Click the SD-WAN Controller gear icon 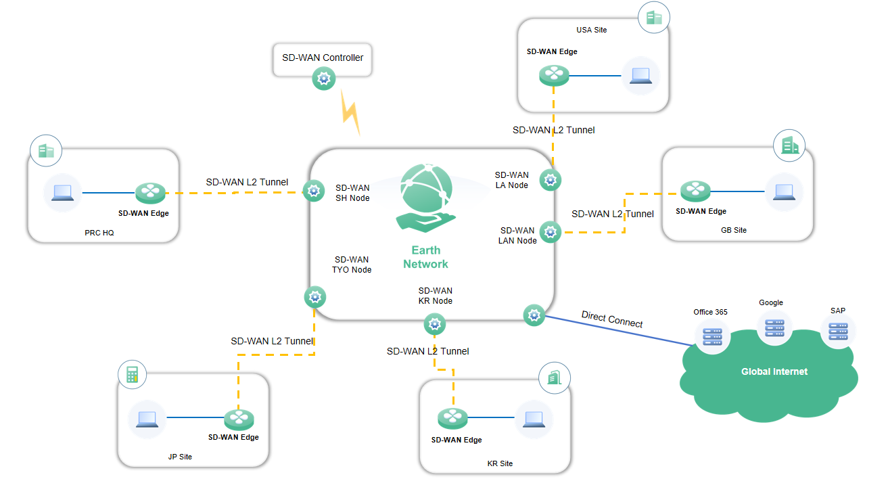[323, 79]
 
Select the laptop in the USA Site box [640, 75]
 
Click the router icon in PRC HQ [149, 193]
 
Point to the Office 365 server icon [712, 335]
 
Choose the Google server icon [774, 328]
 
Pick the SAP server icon [838, 331]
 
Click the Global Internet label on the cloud [774, 371]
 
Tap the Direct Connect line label [612, 319]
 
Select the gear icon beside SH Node [313, 191]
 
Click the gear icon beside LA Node [549, 180]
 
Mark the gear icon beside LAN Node [551, 232]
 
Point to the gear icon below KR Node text [434, 324]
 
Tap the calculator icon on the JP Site [132, 374]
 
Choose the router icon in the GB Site [695, 191]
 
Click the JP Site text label [180, 457]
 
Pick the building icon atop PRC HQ [45, 151]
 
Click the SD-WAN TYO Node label [351, 265]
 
